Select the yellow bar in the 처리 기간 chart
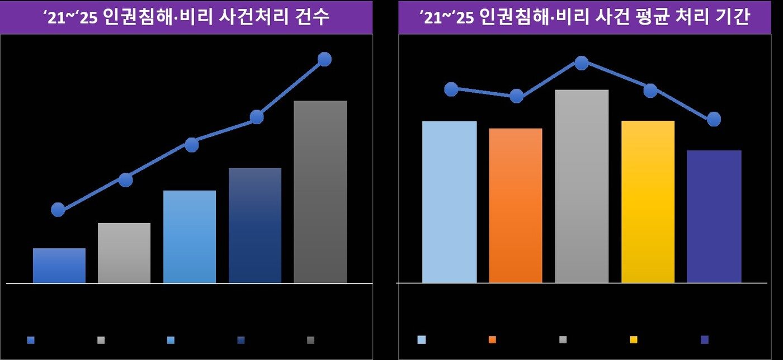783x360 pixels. (648, 202)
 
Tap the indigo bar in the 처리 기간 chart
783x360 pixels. (714, 216)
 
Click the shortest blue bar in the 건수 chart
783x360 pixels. (59, 266)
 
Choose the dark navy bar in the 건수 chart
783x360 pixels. (255, 225)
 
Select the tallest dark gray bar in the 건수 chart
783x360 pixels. (320, 192)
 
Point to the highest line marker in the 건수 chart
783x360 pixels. (324, 59)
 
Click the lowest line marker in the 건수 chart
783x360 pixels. (58, 210)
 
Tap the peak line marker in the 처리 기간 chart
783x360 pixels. (582, 63)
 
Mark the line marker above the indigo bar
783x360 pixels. (714, 119)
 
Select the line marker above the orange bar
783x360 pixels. (517, 96)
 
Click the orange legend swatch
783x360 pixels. (492, 339)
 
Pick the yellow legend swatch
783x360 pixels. (634, 339)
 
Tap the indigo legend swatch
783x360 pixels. (704, 339)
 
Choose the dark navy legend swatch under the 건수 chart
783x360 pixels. (240, 340)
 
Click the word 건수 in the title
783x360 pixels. (313, 18)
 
